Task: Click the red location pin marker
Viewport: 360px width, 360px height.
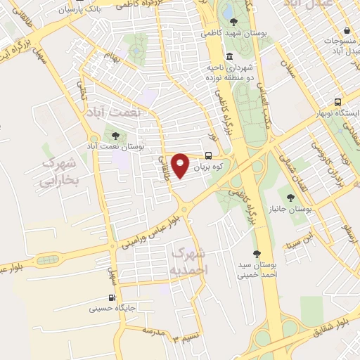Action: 181,165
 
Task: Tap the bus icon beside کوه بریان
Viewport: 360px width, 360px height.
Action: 208,156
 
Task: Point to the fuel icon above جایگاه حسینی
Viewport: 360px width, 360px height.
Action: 111,297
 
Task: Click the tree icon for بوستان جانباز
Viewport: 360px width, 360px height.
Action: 290,198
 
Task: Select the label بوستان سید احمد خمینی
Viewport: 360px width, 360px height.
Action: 257,271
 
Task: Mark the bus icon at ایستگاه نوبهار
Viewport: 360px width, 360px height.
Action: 338,102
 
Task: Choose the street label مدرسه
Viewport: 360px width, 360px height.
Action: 157,329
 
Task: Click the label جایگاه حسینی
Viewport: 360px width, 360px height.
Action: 112,308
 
